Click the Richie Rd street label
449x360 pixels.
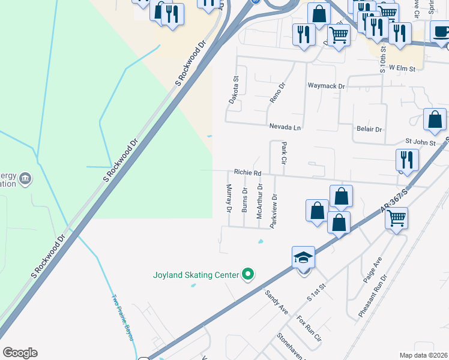pyautogui.click(x=248, y=172)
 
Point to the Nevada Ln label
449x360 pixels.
pyautogui.click(x=285, y=127)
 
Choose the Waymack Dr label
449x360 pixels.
pyautogui.click(x=327, y=86)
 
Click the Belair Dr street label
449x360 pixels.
pyautogui.click(x=369, y=129)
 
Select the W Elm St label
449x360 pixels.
pyautogui.click(x=402, y=68)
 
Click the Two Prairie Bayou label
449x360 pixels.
pyautogui.click(x=122, y=317)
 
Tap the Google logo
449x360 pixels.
pyautogui.click(x=20, y=353)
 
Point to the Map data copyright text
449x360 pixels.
pyautogui.click(x=423, y=355)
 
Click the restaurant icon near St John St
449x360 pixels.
pyautogui.click(x=406, y=160)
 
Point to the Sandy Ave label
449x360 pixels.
pyautogui.click(x=277, y=302)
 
